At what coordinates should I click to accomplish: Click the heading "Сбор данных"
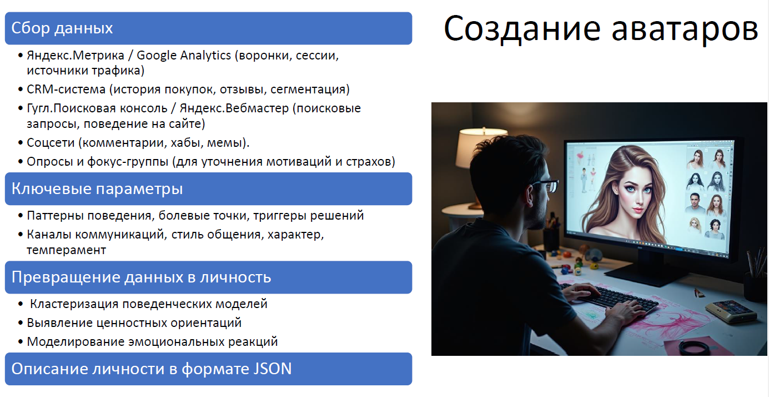(x=62, y=28)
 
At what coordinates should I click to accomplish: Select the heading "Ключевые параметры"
(x=97, y=189)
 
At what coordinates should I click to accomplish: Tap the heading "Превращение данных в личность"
(x=141, y=277)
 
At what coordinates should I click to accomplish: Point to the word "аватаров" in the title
(x=685, y=29)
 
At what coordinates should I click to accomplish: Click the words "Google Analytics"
(x=184, y=56)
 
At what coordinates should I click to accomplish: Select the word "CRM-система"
(x=66, y=90)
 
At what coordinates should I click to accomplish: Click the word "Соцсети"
(x=51, y=143)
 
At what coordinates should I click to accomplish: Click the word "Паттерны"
(x=55, y=216)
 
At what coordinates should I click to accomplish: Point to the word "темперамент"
(x=66, y=250)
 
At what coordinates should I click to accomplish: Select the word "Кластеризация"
(x=74, y=304)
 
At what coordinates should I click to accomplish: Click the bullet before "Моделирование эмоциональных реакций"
(x=21, y=342)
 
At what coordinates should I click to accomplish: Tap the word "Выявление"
(x=59, y=323)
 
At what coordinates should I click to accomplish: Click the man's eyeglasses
(x=544, y=186)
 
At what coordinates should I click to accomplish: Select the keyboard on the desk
(x=609, y=296)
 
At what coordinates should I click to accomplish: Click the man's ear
(x=530, y=196)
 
